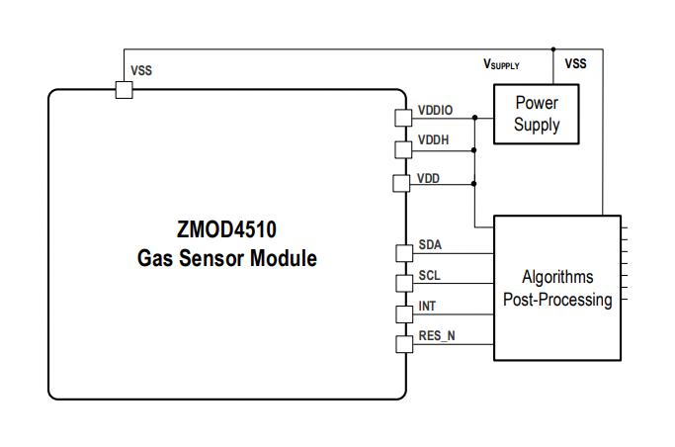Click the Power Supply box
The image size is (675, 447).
[536, 114]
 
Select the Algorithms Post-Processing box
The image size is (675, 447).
[557, 288]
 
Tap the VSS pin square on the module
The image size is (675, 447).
[124, 90]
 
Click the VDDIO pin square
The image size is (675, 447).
[402, 118]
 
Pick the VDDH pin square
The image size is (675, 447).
[402, 149]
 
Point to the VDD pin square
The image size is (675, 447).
[401, 183]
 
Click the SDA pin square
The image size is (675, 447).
[402, 252]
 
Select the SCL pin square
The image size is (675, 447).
[402, 283]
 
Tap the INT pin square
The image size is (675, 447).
[402, 313]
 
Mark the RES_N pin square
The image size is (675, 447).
[402, 344]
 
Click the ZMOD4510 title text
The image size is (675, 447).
[227, 230]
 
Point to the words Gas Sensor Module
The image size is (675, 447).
[227, 259]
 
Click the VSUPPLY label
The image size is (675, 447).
[501, 64]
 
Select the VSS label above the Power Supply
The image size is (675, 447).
[575, 63]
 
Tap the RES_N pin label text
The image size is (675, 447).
[437, 335]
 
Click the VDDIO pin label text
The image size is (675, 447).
[435, 110]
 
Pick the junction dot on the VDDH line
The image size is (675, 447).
[475, 149]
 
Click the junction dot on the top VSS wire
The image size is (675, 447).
[553, 48]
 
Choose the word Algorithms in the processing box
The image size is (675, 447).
[557, 277]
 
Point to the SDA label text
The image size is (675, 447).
[430, 244]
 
